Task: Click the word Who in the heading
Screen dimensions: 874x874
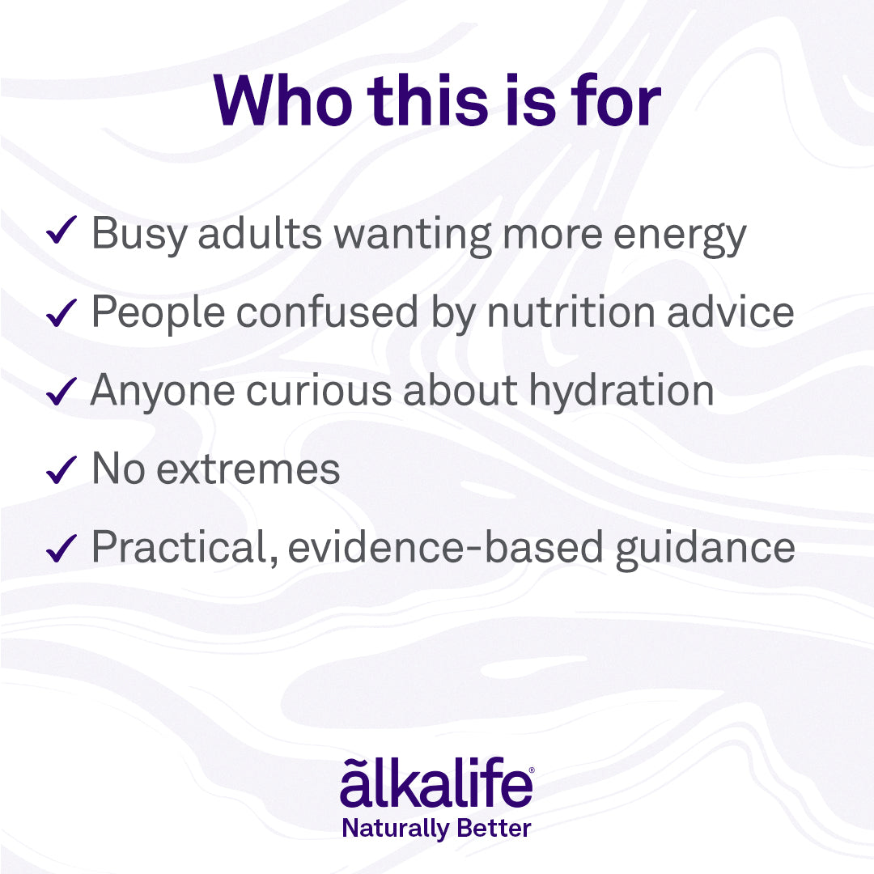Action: pos(283,101)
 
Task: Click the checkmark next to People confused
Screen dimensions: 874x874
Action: pos(62,312)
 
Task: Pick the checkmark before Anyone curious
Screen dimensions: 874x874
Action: pos(62,392)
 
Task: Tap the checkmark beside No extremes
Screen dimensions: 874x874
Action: pos(62,470)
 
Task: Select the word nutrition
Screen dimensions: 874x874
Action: pos(571,312)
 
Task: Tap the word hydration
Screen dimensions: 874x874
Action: pos(622,392)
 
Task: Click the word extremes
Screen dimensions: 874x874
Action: pos(248,470)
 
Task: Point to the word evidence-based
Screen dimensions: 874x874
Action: pos(445,547)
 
